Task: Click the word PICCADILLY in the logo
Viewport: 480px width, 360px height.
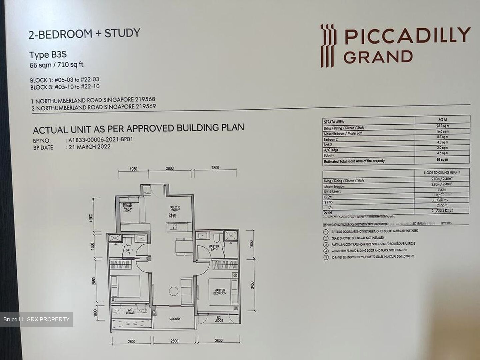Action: (407, 36)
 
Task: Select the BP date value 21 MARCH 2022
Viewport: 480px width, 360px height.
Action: (89, 147)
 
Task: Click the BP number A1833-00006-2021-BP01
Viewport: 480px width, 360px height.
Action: (100, 140)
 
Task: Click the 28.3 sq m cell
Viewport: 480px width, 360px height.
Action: (443, 126)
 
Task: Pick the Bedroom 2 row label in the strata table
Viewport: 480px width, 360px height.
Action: (331, 139)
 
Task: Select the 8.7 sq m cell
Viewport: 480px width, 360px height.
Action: (443, 137)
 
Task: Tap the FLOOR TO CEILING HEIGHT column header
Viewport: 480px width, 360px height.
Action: (442, 172)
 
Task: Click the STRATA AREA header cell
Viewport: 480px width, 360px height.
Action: (334, 122)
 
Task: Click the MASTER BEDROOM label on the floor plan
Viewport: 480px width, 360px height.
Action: (220, 292)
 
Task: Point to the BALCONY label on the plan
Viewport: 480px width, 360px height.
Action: (174, 319)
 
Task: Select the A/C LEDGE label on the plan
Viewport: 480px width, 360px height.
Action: (130, 311)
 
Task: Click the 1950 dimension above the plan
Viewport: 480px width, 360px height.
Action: (133, 169)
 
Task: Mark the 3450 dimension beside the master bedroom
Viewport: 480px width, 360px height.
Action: (252, 285)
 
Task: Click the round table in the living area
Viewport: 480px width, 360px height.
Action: (174, 291)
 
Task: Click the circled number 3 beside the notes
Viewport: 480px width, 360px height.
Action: (325, 244)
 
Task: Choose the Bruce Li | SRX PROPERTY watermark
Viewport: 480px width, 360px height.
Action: (36, 320)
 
